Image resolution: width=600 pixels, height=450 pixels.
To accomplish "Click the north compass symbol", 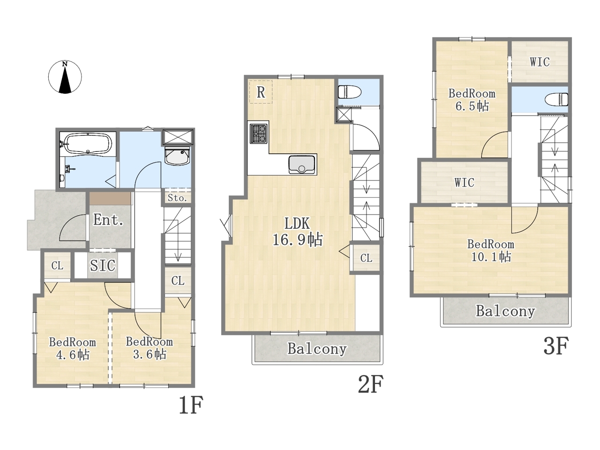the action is [x=65, y=77].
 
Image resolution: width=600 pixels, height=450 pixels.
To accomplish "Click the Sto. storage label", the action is [x=177, y=198].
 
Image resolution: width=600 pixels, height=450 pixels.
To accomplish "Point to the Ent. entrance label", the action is [x=108, y=219].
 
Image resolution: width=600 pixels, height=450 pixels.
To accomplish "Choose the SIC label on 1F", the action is [x=103, y=265].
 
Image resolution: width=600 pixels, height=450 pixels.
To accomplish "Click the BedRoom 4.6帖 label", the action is [x=73, y=348].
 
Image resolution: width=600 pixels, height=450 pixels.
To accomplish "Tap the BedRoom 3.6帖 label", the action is [x=149, y=348].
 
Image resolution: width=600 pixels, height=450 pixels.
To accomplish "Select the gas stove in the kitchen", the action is [x=258, y=133].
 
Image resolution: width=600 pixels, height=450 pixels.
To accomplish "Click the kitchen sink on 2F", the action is [x=302, y=165].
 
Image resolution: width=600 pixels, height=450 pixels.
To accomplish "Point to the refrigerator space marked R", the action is [x=261, y=92].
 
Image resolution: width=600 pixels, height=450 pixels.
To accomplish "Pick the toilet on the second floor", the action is [x=349, y=92].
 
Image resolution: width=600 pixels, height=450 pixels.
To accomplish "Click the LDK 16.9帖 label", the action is [x=298, y=232].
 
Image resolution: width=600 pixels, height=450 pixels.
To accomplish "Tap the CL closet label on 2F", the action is [x=366, y=258].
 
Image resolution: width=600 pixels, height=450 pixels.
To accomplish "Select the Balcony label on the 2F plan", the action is [x=317, y=349].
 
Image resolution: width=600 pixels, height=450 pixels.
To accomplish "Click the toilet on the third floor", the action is [x=556, y=99].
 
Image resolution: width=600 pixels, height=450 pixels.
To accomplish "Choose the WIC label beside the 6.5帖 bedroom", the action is [x=540, y=62].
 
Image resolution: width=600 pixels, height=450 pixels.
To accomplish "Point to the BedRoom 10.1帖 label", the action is [x=491, y=250].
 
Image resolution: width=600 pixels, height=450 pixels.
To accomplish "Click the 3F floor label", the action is [x=556, y=345].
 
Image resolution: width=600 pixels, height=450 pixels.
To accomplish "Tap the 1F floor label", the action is [x=191, y=405].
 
